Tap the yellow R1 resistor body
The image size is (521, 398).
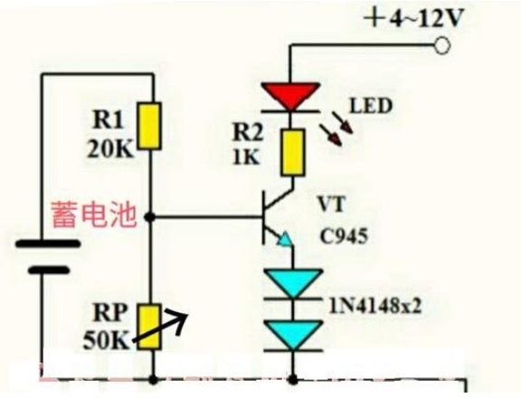click(x=150, y=126)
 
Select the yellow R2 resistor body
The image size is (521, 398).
click(x=293, y=153)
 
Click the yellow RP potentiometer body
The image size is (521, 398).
click(x=150, y=327)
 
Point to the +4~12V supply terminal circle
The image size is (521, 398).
click(x=442, y=45)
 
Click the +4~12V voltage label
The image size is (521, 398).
click(x=412, y=18)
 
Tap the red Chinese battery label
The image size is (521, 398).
click(x=94, y=214)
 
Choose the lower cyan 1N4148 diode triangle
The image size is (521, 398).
click(x=293, y=335)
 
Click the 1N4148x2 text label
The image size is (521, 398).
click(x=375, y=306)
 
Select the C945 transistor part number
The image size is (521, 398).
click(x=345, y=236)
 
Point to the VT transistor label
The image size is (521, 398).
click(x=332, y=204)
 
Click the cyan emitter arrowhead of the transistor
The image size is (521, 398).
click(x=286, y=239)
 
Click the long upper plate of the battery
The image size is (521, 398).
click(x=48, y=244)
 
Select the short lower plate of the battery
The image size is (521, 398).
click(x=49, y=270)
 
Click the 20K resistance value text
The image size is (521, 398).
click(x=110, y=149)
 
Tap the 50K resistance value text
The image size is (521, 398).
click(x=106, y=340)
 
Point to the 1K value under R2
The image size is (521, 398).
click(x=246, y=156)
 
